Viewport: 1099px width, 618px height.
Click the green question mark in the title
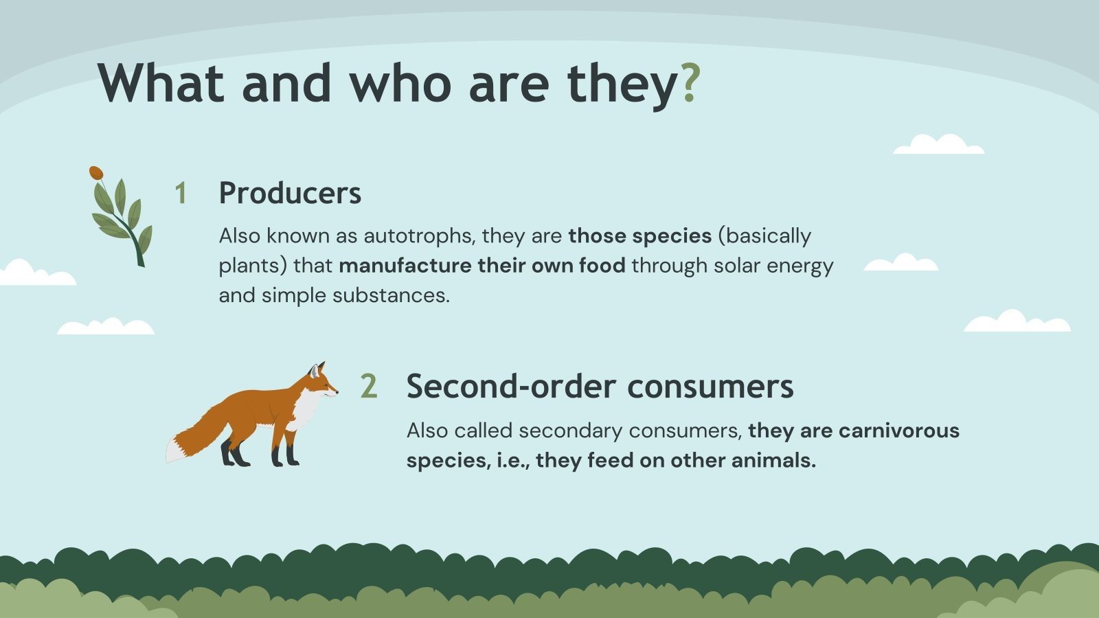[x=690, y=84]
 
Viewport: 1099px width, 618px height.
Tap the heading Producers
[x=290, y=193]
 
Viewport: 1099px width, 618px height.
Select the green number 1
[x=181, y=194]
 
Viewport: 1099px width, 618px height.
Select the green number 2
[x=369, y=387]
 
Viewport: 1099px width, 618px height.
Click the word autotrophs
[x=418, y=236]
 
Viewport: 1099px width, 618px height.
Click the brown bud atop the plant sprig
[x=96, y=172]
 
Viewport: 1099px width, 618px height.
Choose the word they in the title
[x=622, y=84]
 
